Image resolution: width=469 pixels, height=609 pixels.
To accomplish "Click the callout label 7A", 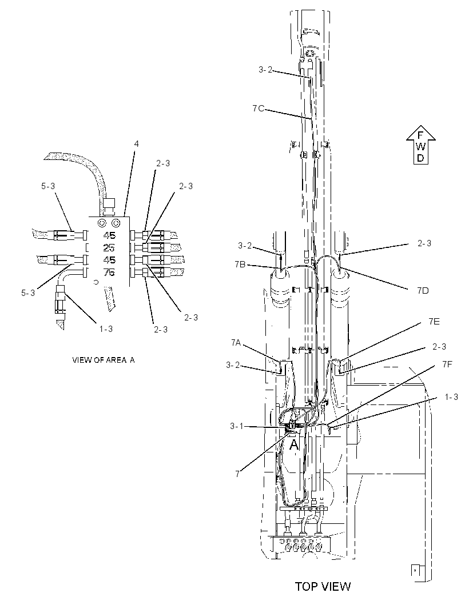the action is point(236,342).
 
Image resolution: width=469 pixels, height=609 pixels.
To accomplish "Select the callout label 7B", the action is point(240,265).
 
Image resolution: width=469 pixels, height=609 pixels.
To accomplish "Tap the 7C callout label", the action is point(258,109).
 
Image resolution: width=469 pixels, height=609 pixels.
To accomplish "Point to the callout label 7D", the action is point(423,291).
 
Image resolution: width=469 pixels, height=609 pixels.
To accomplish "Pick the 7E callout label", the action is point(434,321).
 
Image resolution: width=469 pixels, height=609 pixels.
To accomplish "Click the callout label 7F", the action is point(447,364).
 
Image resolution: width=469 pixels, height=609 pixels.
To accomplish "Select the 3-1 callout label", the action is point(236,426).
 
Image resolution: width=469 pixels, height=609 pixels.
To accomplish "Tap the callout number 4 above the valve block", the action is point(137,144).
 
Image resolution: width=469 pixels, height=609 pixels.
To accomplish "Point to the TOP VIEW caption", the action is point(323,586).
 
